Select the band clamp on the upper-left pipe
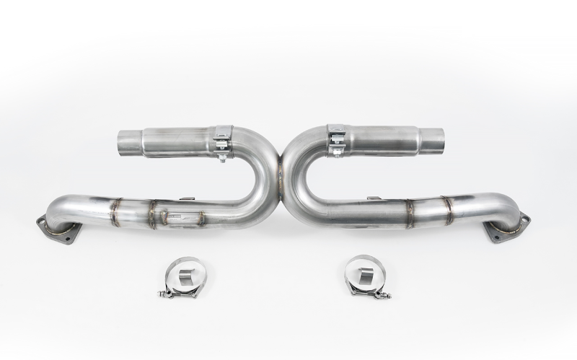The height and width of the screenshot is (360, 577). click(222, 140)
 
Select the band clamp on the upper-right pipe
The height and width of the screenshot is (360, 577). click(335, 139)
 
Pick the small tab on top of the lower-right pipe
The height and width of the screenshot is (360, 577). click(374, 198)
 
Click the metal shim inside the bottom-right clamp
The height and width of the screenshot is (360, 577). click(364, 274)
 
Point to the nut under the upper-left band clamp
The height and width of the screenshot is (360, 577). click(222, 157)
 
